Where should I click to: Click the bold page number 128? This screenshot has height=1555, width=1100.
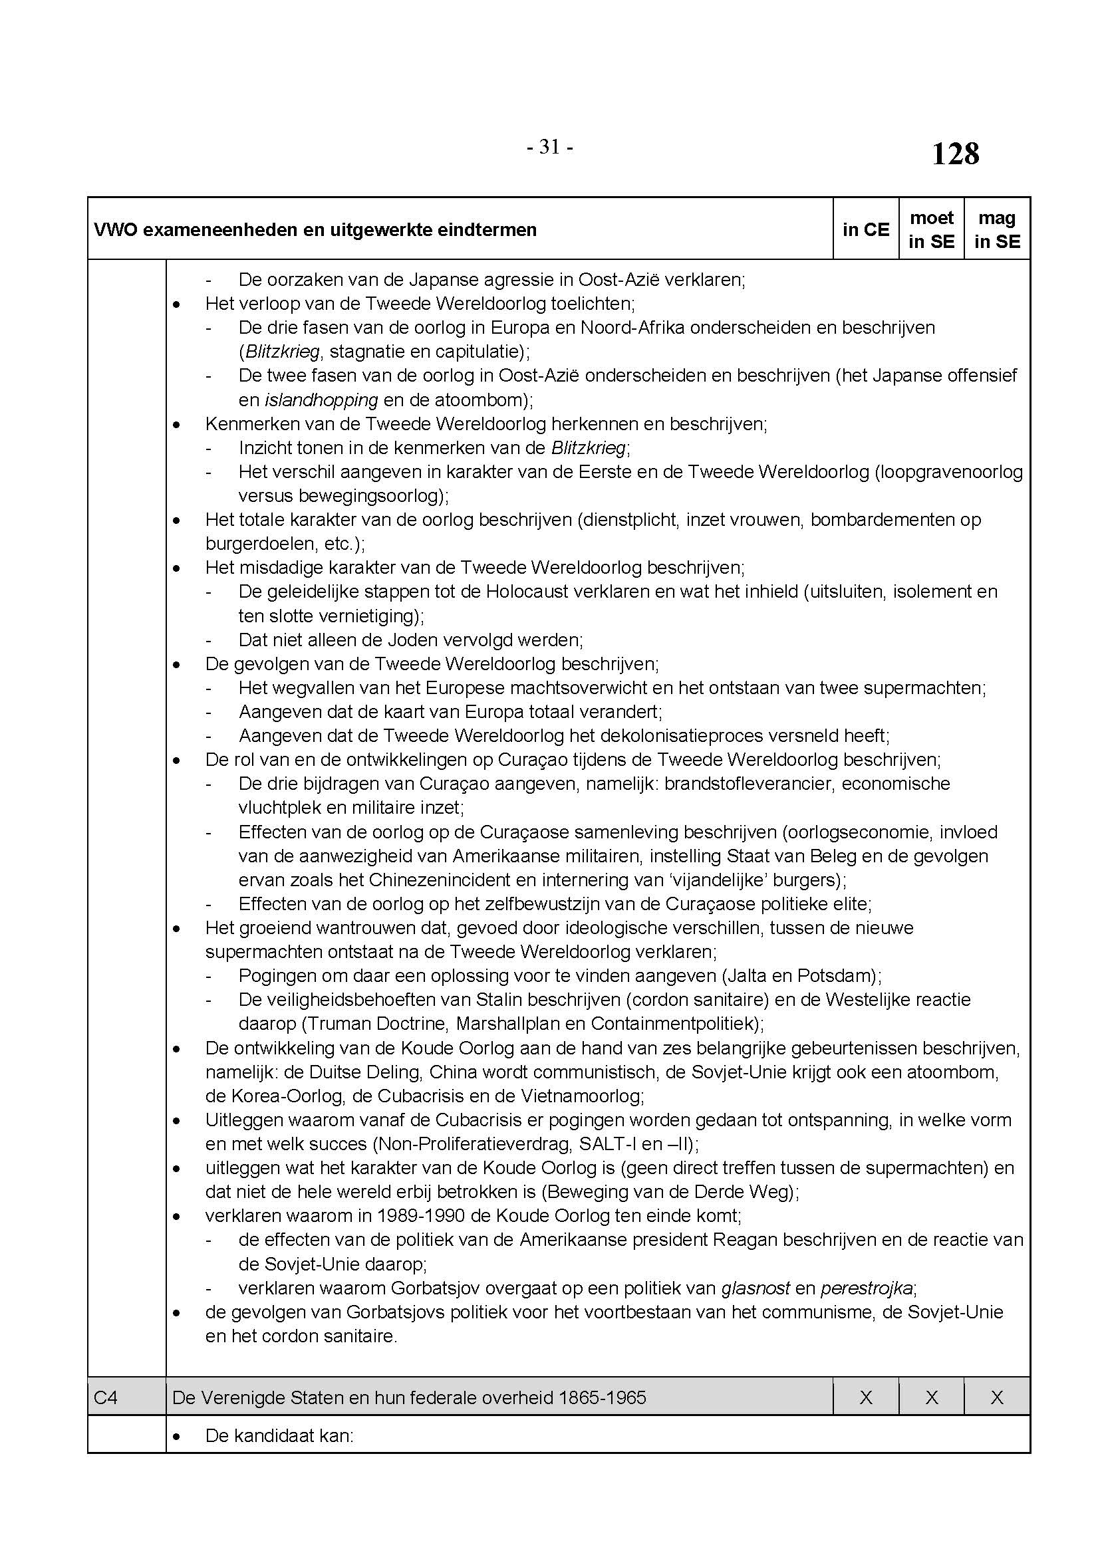tap(955, 154)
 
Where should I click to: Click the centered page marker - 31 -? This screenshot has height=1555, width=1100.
tap(550, 147)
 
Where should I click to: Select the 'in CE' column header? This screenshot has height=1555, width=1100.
tap(866, 229)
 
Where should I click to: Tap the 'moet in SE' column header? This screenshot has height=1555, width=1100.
tap(931, 229)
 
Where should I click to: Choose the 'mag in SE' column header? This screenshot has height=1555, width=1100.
tap(997, 229)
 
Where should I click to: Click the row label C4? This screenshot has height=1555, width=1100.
tap(106, 1397)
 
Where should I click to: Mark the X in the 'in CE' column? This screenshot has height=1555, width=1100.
tap(866, 1397)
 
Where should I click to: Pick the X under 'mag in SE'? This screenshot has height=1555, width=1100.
tap(997, 1397)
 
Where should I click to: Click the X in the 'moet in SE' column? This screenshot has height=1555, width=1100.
tap(931, 1397)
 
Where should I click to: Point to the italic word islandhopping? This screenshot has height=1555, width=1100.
tap(321, 400)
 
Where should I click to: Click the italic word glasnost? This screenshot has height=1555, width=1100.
tap(756, 1288)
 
